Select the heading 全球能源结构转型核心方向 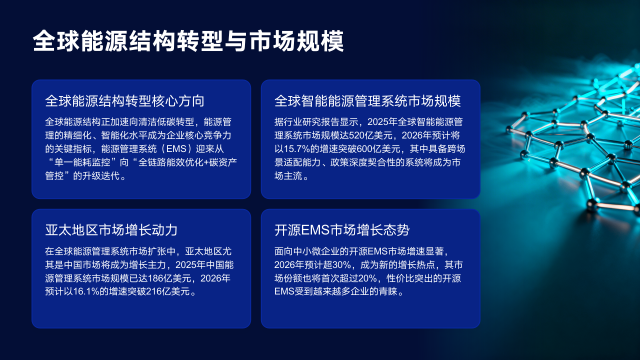pos(125,100)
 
